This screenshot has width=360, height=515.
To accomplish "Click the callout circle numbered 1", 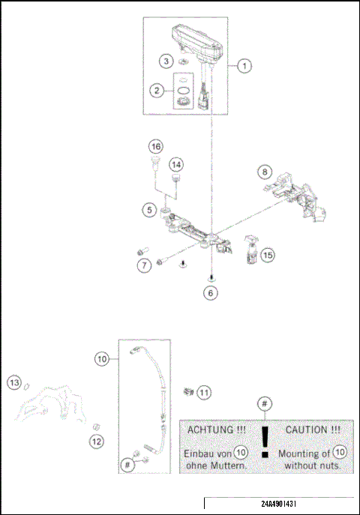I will tap(244, 66).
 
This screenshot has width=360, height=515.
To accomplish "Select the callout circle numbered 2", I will tap(157, 91).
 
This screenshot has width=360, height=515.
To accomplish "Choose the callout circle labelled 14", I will tap(176, 163).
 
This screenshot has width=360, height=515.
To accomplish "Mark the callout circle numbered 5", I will tap(150, 211).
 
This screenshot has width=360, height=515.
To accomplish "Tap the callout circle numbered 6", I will tap(212, 293).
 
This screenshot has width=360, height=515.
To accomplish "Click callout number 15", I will tap(268, 255).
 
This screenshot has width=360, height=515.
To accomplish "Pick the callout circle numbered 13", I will tap(13, 383).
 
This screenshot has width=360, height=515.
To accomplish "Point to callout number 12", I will tap(97, 442).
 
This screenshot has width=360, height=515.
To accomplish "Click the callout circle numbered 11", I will tap(204, 391).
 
